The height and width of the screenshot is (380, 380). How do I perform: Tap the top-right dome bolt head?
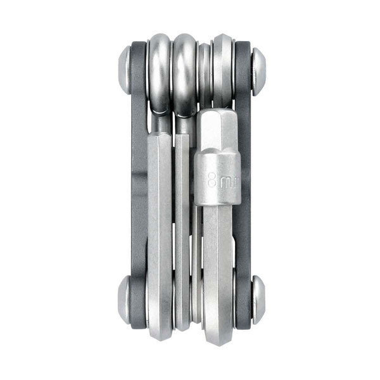coord(259,71)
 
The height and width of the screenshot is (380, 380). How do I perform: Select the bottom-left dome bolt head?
coord(124,300)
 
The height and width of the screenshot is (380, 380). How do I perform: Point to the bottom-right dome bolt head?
coord(259,300)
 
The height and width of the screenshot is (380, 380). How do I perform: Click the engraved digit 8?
coord(212,180)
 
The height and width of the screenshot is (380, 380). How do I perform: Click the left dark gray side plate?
coord(139,184)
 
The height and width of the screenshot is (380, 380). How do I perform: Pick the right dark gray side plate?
coord(243,184)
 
